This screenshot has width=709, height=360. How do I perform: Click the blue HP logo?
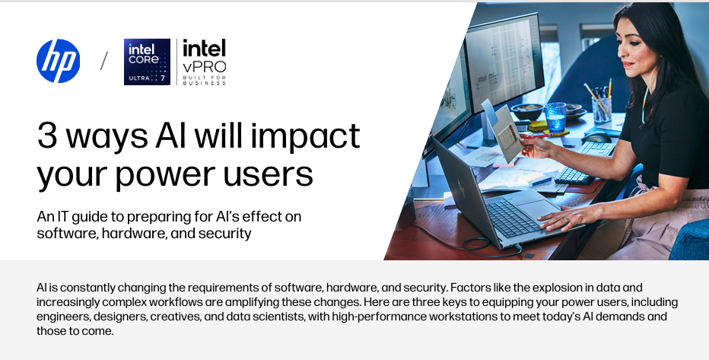pyautogui.click(x=58, y=61)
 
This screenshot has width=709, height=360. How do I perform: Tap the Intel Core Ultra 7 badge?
pyautogui.click(x=148, y=62)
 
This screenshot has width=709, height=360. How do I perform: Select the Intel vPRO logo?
pyautogui.click(x=205, y=62)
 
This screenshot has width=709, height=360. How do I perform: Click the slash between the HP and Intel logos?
pyautogui.click(x=104, y=61)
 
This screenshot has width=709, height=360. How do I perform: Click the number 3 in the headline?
pyautogui.click(x=47, y=135)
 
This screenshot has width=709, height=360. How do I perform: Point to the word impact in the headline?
pyautogui.click(x=305, y=136)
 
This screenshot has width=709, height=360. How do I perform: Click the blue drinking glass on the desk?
pyautogui.click(x=555, y=117)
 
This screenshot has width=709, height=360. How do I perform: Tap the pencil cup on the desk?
pyautogui.click(x=602, y=110)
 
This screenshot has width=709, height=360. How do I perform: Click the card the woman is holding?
pyautogui.click(x=507, y=132)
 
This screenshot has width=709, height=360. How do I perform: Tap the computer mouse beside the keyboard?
pyautogui.click(x=597, y=137)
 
